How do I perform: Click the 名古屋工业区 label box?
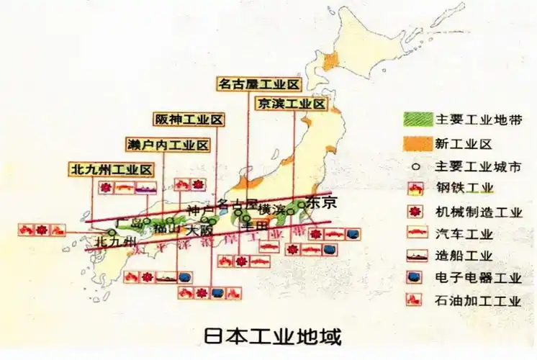pos(258,84)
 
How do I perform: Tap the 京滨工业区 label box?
pos(291,104)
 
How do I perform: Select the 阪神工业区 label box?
pos(189,120)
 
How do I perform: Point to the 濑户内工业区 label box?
pos(168,145)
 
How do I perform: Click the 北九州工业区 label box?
pos(112,170)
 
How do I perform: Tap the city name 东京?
pos(321,202)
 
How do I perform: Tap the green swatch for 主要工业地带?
pos(417,118)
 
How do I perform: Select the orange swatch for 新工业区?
pos(417,143)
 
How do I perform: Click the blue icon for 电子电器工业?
pos(417,277)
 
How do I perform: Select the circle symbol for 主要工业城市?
pos(417,166)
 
